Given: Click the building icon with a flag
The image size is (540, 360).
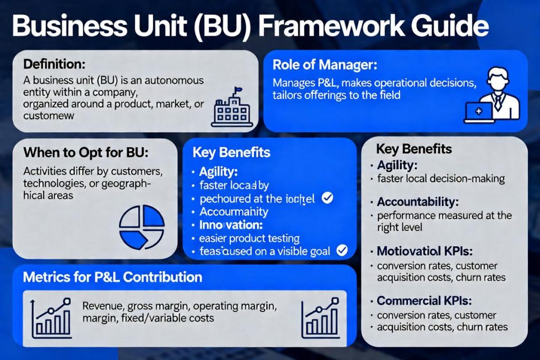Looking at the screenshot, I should tap(228, 108).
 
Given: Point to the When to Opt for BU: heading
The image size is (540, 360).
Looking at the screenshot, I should tap(86, 153).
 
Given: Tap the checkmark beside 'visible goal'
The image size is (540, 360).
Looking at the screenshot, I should tap(342, 251).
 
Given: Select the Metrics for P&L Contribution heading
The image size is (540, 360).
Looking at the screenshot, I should tap(112, 277).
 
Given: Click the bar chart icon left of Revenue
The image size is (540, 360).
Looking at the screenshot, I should tap(51, 318).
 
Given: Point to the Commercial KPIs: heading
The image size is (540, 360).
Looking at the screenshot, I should tap(424, 301).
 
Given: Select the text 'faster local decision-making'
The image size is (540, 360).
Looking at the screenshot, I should tap(441, 179).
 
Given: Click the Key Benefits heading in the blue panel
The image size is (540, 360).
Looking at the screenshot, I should tap(232, 153).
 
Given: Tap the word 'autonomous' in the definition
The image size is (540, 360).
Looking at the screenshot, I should tap(174, 81).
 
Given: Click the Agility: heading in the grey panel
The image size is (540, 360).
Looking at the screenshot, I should tap(397, 166).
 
